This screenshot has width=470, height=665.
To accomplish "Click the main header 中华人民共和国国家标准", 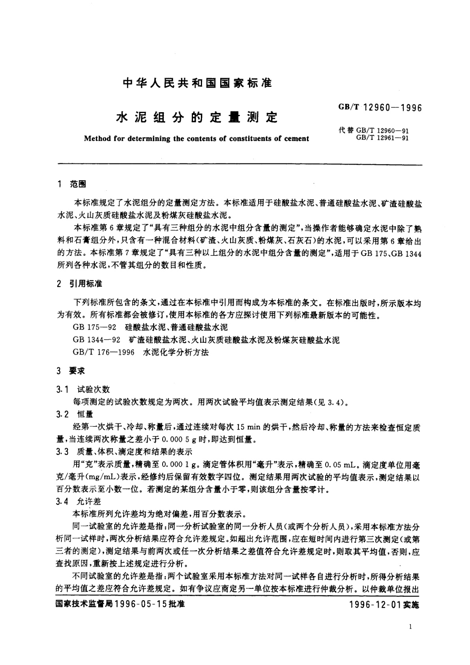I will (x=197, y=83).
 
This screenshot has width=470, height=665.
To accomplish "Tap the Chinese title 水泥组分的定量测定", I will (x=197, y=117).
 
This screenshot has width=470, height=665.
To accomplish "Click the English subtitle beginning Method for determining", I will (x=197, y=139).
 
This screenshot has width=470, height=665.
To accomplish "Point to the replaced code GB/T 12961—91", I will (x=382, y=138).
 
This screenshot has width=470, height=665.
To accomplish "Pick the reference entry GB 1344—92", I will (x=97, y=340).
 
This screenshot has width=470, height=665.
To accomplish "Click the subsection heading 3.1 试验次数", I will (x=83, y=389).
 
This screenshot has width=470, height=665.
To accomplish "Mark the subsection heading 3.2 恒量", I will (x=75, y=414).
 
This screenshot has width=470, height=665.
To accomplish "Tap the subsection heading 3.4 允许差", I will (x=79, y=502).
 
